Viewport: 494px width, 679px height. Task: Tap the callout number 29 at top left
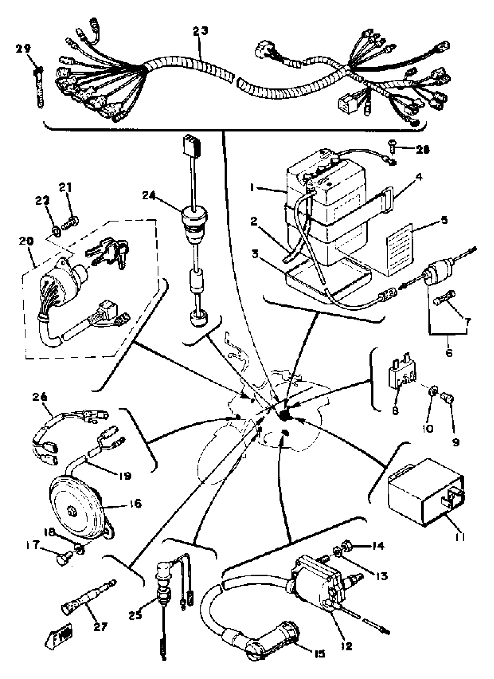[23, 48]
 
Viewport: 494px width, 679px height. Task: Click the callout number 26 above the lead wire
[40, 397]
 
